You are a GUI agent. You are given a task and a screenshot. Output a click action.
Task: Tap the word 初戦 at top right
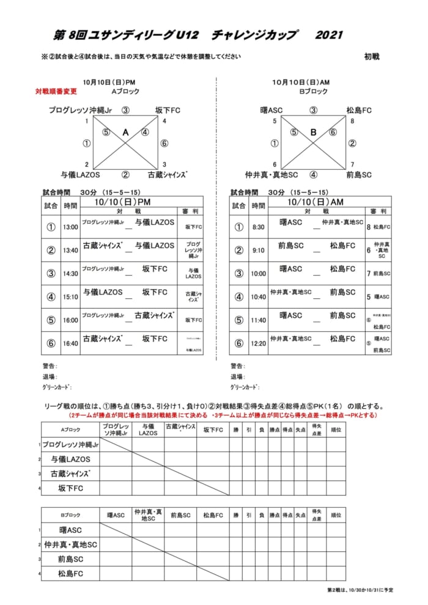point(372,56)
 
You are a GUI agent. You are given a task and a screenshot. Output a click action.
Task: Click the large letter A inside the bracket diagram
point(125,132)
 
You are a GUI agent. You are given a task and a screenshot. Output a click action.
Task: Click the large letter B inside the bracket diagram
point(314,132)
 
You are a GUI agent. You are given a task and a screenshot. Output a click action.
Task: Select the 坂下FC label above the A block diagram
point(167,111)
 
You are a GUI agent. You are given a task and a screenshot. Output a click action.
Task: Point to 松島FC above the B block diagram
point(359,111)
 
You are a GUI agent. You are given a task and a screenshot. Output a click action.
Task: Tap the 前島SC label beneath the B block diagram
point(359,175)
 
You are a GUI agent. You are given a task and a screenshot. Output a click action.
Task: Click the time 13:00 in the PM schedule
point(70,227)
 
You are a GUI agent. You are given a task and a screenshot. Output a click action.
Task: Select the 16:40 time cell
point(70,343)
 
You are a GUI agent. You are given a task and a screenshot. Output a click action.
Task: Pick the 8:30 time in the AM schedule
point(259,227)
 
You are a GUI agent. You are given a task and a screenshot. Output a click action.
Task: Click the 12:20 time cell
point(259,343)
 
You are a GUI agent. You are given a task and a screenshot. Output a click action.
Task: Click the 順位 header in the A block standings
point(336,430)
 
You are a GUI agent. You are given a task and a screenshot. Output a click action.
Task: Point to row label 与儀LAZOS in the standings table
point(71,459)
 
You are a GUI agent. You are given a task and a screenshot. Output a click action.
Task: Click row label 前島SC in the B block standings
point(71,559)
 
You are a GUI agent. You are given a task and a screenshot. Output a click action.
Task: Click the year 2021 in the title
point(329,35)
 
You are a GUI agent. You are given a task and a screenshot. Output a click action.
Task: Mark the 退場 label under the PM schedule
point(50,376)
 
